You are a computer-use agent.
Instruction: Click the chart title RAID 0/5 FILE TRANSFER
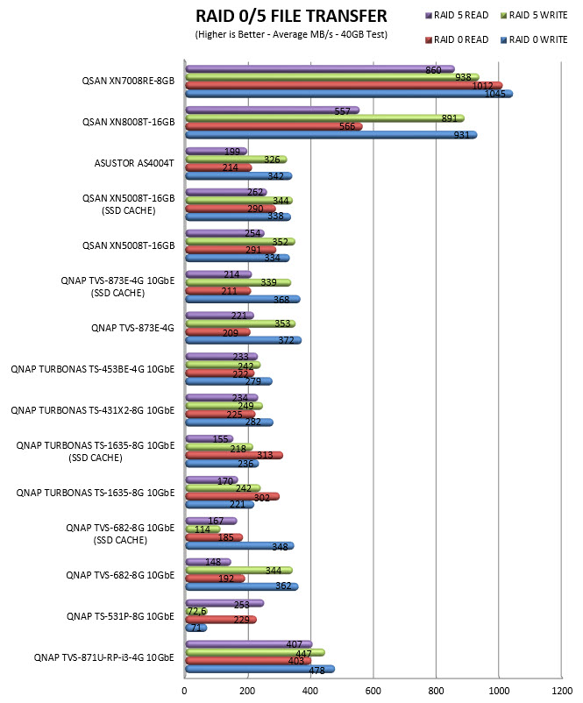tap(291, 16)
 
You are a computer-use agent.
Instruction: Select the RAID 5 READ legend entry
tap(457, 15)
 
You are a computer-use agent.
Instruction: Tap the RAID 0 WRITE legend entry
tap(534, 40)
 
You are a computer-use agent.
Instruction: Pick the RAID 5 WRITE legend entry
tap(534, 15)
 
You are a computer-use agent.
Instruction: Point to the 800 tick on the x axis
tap(436, 691)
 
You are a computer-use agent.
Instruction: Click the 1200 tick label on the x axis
tap(561, 691)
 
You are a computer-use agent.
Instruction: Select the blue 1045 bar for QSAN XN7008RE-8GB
tap(349, 94)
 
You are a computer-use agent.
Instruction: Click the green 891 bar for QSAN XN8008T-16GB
tap(324, 118)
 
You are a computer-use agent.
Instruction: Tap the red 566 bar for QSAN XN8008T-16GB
tap(274, 126)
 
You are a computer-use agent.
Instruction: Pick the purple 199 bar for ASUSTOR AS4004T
tap(217, 151)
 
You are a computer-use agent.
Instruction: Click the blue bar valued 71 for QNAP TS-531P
tap(196, 628)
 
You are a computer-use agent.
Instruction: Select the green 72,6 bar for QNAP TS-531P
tap(196, 611)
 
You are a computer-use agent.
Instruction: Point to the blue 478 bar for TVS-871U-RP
tap(260, 669)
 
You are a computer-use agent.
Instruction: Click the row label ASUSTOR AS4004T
tap(134, 163)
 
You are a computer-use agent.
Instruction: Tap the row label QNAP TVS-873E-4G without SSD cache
tap(132, 328)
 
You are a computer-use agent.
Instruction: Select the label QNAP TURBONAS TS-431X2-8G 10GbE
tap(93, 411)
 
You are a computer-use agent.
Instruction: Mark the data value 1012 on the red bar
tap(482, 86)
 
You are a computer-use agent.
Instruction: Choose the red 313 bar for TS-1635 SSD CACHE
tap(234, 456)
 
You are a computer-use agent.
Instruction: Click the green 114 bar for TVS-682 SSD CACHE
tap(203, 529)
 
